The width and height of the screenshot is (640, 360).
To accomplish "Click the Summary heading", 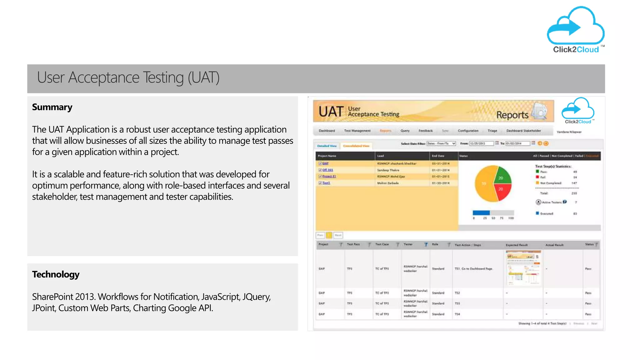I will point(52,107).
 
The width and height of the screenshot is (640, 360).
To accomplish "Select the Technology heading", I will point(56,274).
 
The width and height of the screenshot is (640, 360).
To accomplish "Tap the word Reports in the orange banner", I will point(512,115).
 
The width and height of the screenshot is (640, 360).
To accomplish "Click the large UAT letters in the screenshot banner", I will point(331,112).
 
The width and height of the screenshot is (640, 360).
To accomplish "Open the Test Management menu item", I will point(357,131).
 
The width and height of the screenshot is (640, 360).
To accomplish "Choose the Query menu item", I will point(405,131).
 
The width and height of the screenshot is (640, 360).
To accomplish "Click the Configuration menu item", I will point(468,131).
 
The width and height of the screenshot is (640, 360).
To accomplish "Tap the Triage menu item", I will point(492,131).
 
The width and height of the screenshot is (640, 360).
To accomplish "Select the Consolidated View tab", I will point(356,146).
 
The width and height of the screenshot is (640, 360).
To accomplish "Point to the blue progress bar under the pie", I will point(481,213).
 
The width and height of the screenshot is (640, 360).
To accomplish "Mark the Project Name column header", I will point(327,156).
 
